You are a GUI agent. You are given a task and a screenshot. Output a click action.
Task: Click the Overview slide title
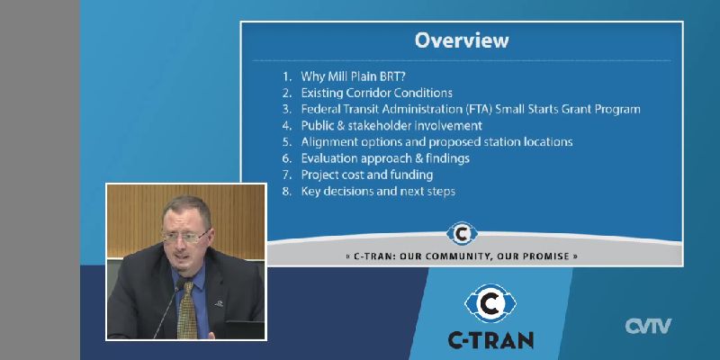[x=462, y=40]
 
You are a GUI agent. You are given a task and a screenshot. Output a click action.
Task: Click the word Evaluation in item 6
[x=329, y=158]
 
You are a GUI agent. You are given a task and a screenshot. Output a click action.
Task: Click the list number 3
[x=287, y=109]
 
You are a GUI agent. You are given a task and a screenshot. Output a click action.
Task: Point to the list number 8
[x=287, y=192]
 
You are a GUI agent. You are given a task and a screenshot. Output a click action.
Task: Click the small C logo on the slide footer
[x=462, y=233]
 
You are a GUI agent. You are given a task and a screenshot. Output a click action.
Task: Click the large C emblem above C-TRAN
[x=490, y=303]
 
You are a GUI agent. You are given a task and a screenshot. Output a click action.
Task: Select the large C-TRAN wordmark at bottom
[x=490, y=340]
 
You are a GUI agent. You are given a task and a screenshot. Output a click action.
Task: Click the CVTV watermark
[x=648, y=326]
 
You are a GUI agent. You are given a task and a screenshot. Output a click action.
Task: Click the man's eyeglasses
[x=185, y=237]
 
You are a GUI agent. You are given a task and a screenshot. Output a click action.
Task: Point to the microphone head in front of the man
[x=182, y=284]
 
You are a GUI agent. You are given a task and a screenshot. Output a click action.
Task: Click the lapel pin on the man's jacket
[x=219, y=303]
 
